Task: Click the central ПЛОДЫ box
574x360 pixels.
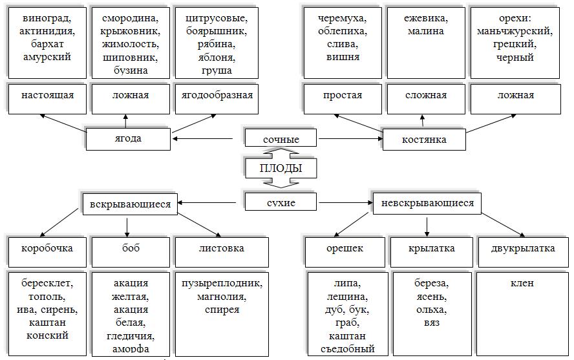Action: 281,169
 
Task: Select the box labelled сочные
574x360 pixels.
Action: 281,139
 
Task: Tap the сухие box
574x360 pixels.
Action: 281,203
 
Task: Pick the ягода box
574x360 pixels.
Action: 128,138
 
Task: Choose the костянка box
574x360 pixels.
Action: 423,139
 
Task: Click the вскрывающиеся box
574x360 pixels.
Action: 130,204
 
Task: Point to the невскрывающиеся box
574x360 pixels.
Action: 427,204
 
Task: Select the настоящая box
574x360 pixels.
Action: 47,96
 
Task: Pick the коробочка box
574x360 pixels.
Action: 47,248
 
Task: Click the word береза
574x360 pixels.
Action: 430,283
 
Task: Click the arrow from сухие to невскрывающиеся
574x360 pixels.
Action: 346,203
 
